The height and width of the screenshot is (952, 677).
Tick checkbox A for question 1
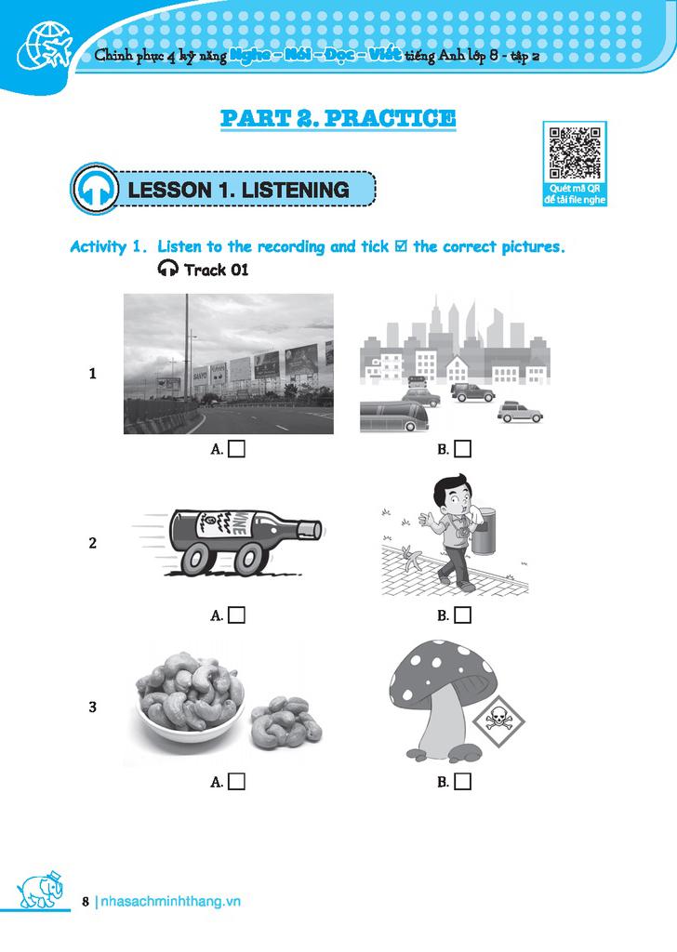pyautogui.click(x=237, y=449)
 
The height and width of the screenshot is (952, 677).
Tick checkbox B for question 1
pyautogui.click(x=463, y=449)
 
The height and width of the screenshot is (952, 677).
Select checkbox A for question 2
pyautogui.click(x=237, y=615)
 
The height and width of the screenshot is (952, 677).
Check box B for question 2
pyautogui.click(x=463, y=615)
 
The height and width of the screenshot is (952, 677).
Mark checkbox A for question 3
pyautogui.click(x=237, y=781)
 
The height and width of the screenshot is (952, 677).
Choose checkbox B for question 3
pyautogui.click(x=463, y=781)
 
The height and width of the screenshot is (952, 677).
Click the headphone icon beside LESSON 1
pyautogui.click(x=96, y=189)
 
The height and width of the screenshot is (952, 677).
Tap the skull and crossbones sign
pyautogui.click(x=499, y=721)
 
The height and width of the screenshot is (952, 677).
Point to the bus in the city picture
pyautogui.click(x=394, y=416)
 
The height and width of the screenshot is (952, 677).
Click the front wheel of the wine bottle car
pyautogui.click(x=249, y=559)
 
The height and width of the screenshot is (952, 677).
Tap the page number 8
pyautogui.click(x=86, y=902)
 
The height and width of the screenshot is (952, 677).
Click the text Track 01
pyautogui.click(x=216, y=270)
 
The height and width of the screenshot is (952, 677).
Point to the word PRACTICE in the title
pyautogui.click(x=390, y=118)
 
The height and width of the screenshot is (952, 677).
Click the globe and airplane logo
pyautogui.click(x=44, y=47)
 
